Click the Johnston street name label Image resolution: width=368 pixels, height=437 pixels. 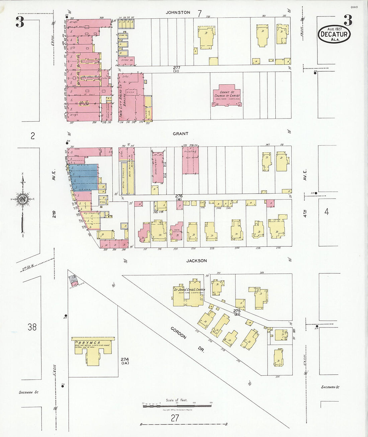[x=178, y=12]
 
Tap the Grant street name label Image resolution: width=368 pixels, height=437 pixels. [x=180, y=134]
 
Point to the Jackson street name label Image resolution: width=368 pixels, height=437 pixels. [x=196, y=261]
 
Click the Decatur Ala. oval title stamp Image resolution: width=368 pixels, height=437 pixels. [x=334, y=34]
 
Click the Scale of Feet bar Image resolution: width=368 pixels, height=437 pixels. [x=177, y=406]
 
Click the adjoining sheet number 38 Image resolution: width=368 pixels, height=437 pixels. [x=32, y=327]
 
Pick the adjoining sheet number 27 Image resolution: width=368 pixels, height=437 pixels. [x=175, y=418]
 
